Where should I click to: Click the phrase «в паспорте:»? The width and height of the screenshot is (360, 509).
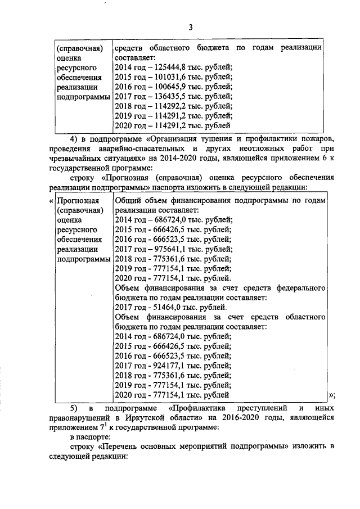click(90, 436)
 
